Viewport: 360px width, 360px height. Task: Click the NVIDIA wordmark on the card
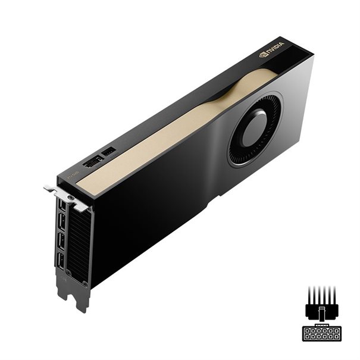click(276, 46)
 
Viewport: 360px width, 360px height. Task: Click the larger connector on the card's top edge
click(93, 162)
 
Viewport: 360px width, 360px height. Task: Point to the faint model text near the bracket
click(72, 174)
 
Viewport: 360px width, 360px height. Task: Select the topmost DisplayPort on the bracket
click(62, 205)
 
